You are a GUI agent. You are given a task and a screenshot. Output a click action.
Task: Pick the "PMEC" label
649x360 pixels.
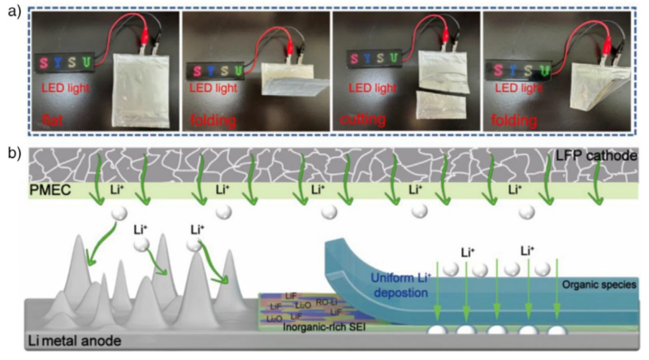tap(50, 190)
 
